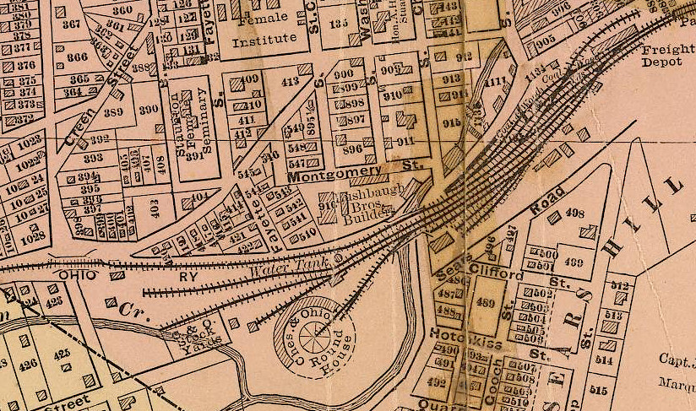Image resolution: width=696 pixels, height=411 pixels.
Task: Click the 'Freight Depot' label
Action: [666, 55]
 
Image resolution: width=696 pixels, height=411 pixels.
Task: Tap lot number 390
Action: [149, 110]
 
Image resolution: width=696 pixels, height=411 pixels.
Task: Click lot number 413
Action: [292, 82]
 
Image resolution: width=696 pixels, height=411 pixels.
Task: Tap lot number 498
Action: [574, 213]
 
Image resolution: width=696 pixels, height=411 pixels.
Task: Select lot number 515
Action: [600, 390]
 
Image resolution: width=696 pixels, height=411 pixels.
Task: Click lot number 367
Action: [72, 24]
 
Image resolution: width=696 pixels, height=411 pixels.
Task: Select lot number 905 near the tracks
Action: [545, 40]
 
